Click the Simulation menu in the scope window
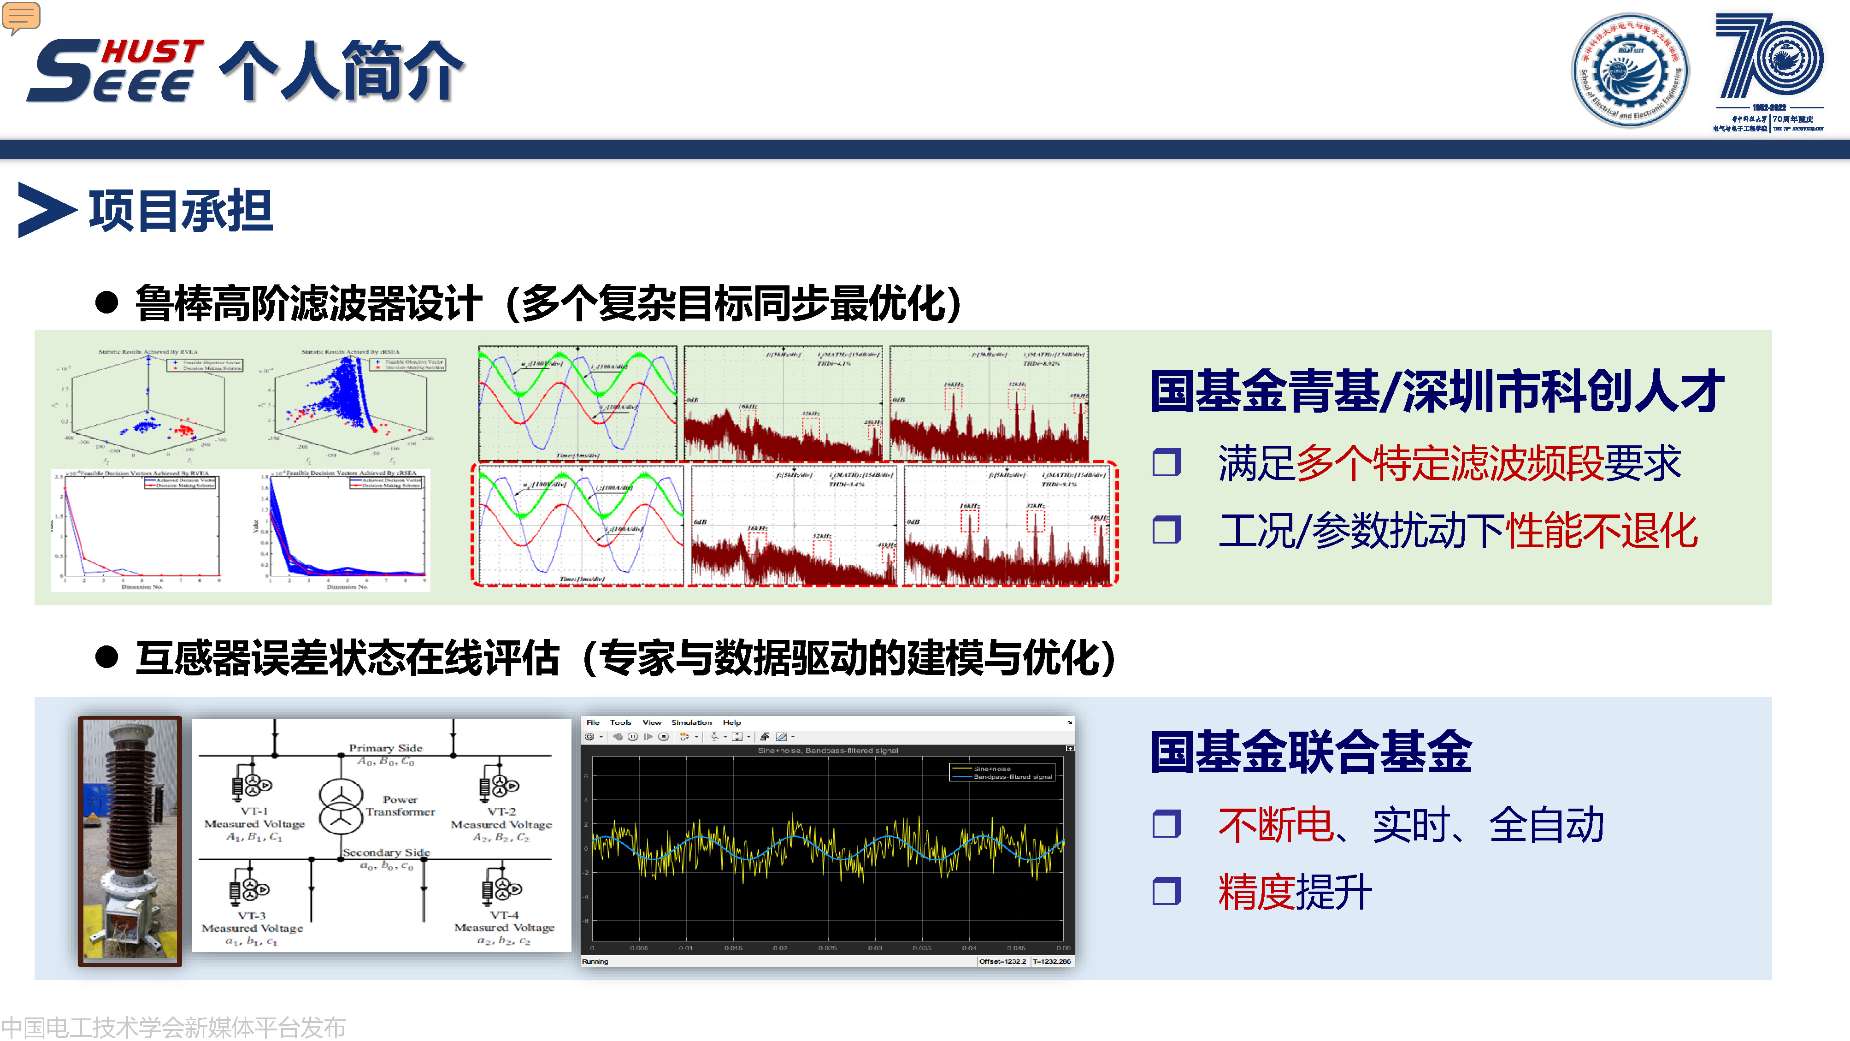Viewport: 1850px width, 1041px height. (x=691, y=723)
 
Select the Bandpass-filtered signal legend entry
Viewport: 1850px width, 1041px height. (x=1012, y=777)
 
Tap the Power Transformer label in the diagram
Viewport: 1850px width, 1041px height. (x=400, y=805)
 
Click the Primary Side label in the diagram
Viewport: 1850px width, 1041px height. (x=386, y=748)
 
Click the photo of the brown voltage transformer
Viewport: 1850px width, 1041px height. (x=130, y=840)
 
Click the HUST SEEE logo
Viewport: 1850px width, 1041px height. (x=115, y=71)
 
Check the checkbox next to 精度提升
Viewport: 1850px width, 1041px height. (x=1167, y=892)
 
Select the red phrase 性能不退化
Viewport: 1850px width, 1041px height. (x=1602, y=531)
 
